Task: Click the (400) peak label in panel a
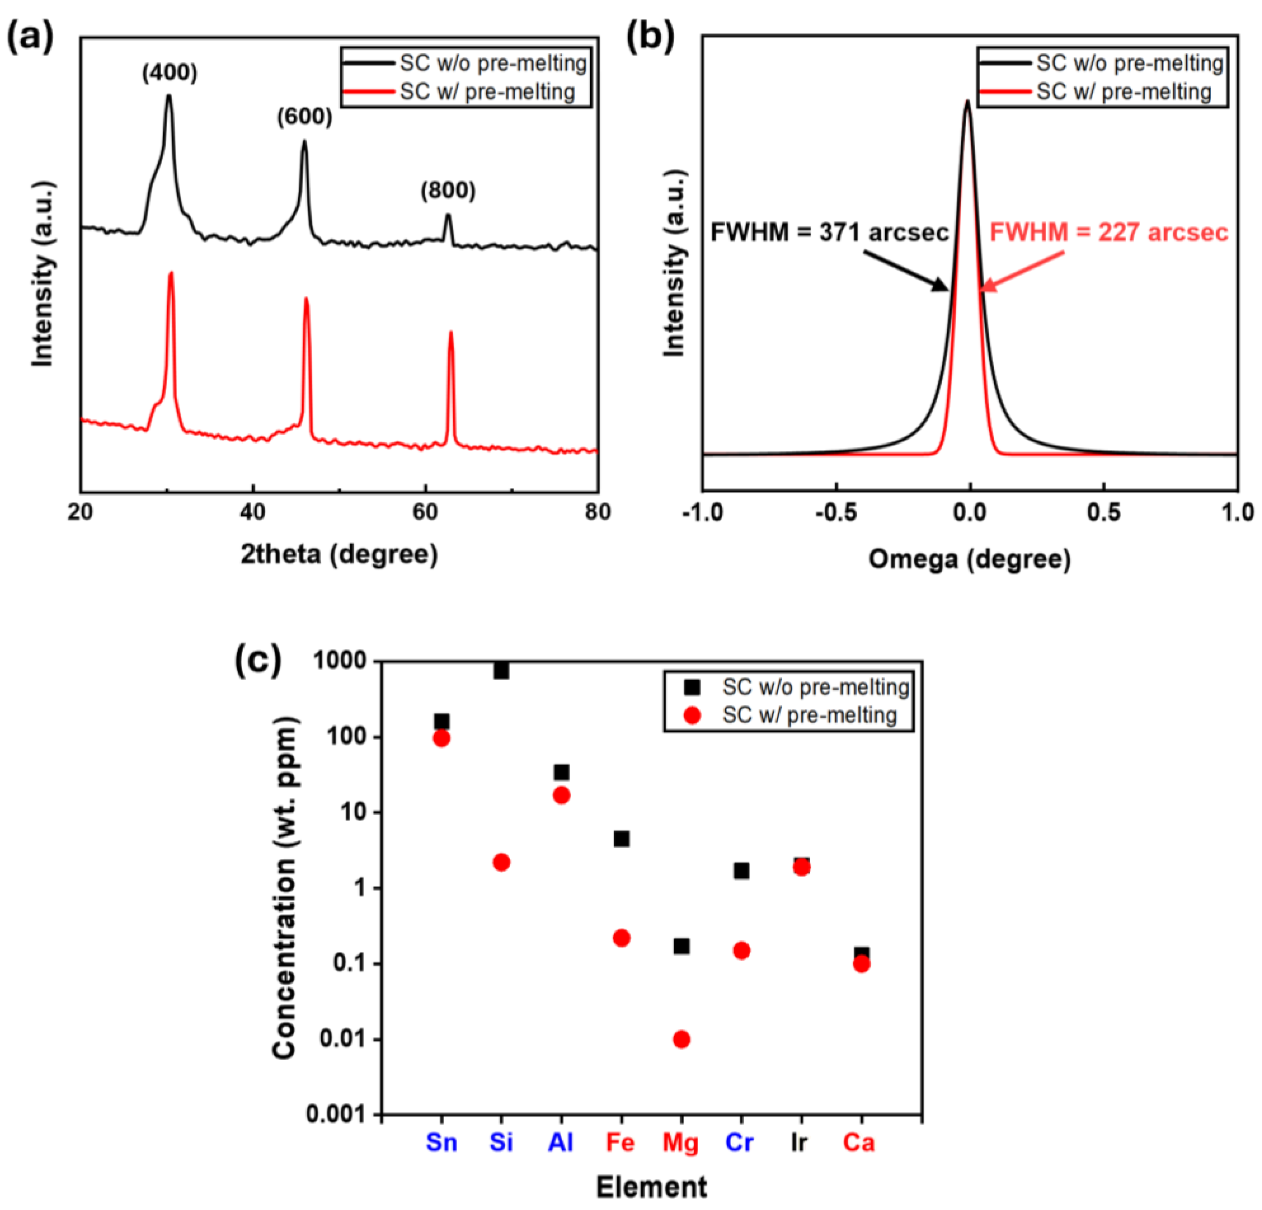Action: [x=169, y=73]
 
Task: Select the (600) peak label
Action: [x=305, y=117]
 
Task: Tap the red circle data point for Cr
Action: [x=741, y=951]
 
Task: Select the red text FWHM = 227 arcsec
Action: [x=1109, y=232]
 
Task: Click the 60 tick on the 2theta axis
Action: [x=425, y=512]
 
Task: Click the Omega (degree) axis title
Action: [x=969, y=559]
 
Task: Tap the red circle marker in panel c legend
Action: [x=692, y=715]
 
